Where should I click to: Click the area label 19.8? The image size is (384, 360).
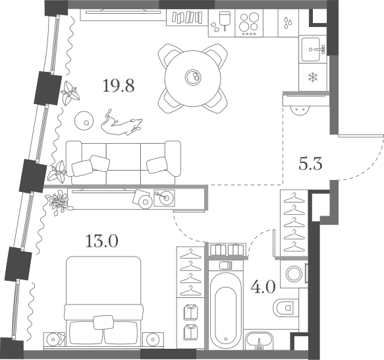pyautogui.click(x=119, y=86)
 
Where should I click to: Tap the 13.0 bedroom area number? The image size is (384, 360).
pyautogui.click(x=102, y=241)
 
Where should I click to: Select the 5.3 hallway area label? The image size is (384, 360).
pyautogui.click(x=310, y=164)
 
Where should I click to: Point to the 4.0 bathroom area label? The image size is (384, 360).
pyautogui.click(x=263, y=287)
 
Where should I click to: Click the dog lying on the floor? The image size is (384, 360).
pyautogui.click(x=121, y=123)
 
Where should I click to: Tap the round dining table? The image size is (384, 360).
pyautogui.click(x=193, y=78)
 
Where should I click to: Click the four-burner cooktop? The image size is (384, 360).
pyautogui.click(x=249, y=23)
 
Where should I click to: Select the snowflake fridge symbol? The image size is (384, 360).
pyautogui.click(x=313, y=77)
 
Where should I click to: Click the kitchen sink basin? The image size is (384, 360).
pyautogui.click(x=310, y=49)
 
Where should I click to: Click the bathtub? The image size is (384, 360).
pyautogui.click(x=225, y=311)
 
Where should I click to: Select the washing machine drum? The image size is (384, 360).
pyautogui.click(x=294, y=274)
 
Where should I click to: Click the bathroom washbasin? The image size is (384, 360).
pyautogui.click(x=260, y=341)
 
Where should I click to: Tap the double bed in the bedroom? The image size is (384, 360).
pyautogui.click(x=103, y=302)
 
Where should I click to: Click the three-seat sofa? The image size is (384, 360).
pyautogui.click(x=123, y=163)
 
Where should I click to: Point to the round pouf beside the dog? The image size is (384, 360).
pyautogui.click(x=84, y=121)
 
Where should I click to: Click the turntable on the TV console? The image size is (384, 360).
pyautogui.click(x=164, y=198)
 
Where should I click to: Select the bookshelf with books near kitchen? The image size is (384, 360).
pyautogui.click(x=187, y=17)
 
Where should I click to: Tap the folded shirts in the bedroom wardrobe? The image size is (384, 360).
pyautogui.click(x=190, y=322)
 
